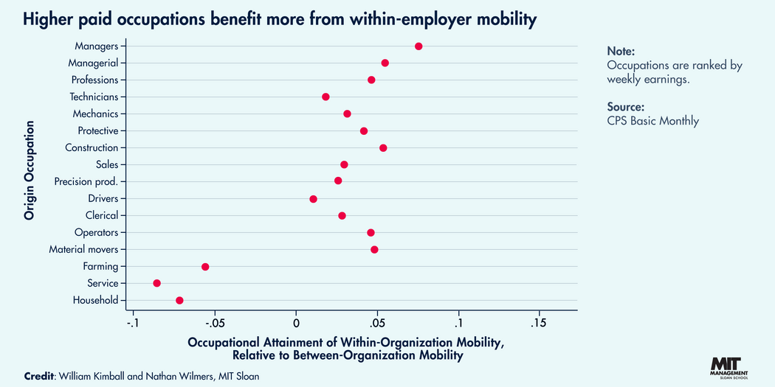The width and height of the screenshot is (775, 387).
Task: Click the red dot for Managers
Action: pyautogui.click(x=418, y=46)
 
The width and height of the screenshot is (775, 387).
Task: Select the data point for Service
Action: pyautogui.click(x=156, y=283)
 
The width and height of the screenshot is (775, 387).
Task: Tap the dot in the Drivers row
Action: pyautogui.click(x=313, y=199)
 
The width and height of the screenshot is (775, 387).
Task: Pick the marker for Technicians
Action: pyautogui.click(x=325, y=97)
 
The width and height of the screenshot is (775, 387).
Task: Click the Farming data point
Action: pyautogui.click(x=205, y=267)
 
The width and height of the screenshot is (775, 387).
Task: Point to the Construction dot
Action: pyautogui.click(x=383, y=148)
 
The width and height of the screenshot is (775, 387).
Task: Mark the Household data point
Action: pyautogui.click(x=179, y=300)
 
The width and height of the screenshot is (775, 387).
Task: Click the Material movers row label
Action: pyautogui.click(x=83, y=249)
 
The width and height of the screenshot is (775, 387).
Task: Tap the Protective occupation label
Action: pyautogui.click(x=97, y=130)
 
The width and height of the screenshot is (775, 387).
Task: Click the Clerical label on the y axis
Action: pyautogui.click(x=100, y=215)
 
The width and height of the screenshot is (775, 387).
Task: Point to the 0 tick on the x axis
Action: pyautogui.click(x=296, y=323)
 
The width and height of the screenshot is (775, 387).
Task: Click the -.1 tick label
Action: pyautogui.click(x=133, y=323)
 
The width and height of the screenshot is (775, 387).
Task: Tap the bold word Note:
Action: pyautogui.click(x=620, y=51)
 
